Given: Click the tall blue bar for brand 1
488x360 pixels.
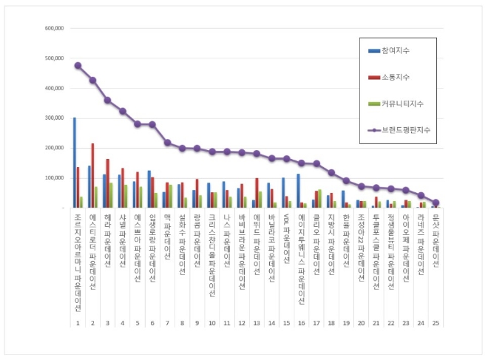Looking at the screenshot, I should point(74,163).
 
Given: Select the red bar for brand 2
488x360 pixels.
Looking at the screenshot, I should point(92,176).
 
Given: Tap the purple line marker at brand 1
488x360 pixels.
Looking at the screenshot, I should point(78,65).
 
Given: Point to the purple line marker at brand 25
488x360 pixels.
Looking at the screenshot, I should point(436,203).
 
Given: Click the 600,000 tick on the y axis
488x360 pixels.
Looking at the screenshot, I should point(55,28).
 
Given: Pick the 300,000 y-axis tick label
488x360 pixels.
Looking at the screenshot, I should point(55,118).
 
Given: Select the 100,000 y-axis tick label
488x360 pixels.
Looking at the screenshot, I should point(55,178).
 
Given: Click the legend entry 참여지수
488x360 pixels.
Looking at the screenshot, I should point(400,50).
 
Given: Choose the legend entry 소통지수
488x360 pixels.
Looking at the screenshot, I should point(400,77).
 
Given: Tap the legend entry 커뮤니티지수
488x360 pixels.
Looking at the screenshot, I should point(404,103).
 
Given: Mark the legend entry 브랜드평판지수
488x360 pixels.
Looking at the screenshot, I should point(406,130).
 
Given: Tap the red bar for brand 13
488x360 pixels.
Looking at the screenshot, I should point(257,193).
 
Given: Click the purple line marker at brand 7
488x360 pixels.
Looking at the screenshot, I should point(167,143).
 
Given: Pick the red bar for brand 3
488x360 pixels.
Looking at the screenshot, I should point(107,183).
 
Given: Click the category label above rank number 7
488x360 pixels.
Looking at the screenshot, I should point(167,237).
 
